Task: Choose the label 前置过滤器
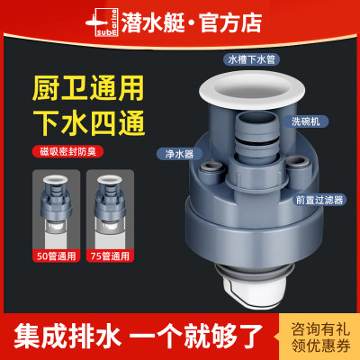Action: [x=310, y=202]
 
